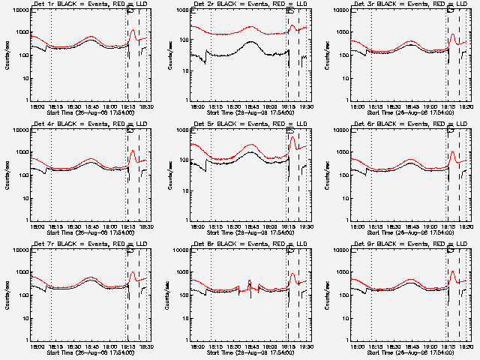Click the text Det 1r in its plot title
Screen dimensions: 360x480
(x=41, y=5)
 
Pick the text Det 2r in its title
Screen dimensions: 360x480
(x=202, y=5)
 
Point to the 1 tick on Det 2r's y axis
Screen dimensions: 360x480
(x=187, y=100)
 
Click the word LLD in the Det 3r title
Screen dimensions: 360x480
(x=463, y=5)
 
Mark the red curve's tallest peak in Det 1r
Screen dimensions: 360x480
(x=133, y=30)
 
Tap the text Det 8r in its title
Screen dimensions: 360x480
(x=202, y=245)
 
